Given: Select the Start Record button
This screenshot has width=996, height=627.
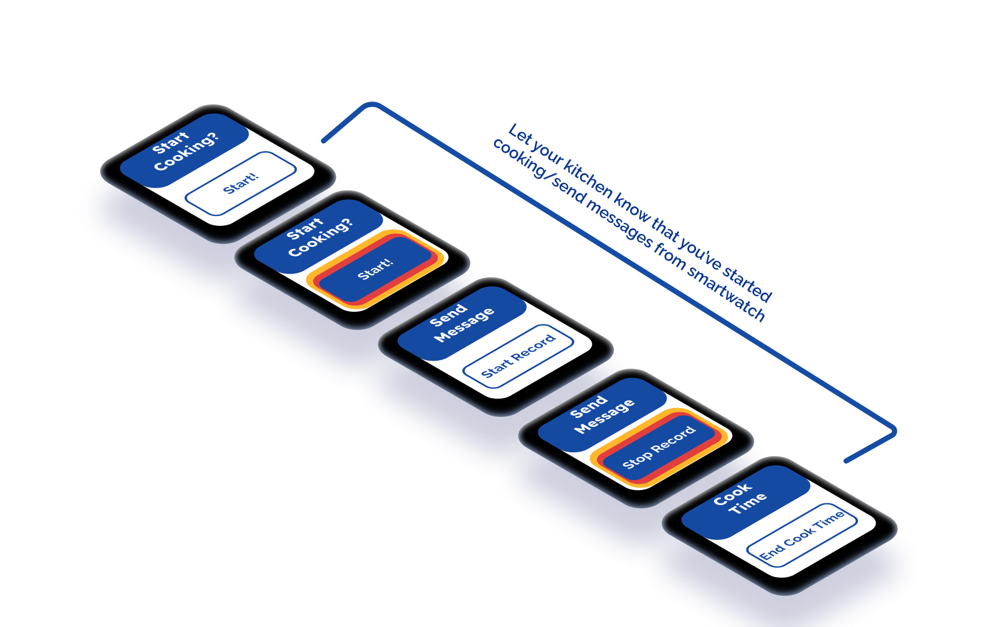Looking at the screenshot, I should [x=518, y=356].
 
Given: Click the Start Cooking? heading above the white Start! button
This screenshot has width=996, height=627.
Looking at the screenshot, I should [x=185, y=150].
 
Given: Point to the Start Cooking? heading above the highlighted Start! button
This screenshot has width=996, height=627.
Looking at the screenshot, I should [x=320, y=236].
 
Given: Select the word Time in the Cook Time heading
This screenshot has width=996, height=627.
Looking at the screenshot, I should [x=748, y=503].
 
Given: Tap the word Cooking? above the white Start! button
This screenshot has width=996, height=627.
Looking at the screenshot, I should [x=187, y=154].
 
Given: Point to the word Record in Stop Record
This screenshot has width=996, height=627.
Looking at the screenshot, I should [x=673, y=439].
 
